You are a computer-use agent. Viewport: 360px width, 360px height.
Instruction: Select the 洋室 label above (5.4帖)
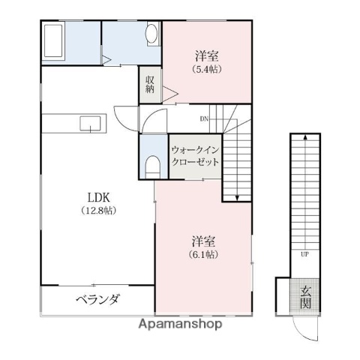tap(206, 55)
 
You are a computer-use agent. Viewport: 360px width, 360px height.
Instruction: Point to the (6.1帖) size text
tap(203, 255)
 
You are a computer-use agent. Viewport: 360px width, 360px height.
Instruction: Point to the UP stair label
tap(304, 254)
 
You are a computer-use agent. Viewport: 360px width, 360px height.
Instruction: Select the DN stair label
tap(204, 118)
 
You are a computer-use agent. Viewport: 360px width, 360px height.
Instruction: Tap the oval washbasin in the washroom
tap(152, 34)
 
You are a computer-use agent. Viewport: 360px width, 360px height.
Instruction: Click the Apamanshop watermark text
tap(179, 325)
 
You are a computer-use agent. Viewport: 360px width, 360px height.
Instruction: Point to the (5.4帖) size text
tap(206, 69)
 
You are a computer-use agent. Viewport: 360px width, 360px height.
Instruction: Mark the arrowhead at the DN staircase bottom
tap(236, 198)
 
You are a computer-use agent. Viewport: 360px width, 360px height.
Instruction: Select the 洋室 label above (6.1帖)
tap(203, 241)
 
